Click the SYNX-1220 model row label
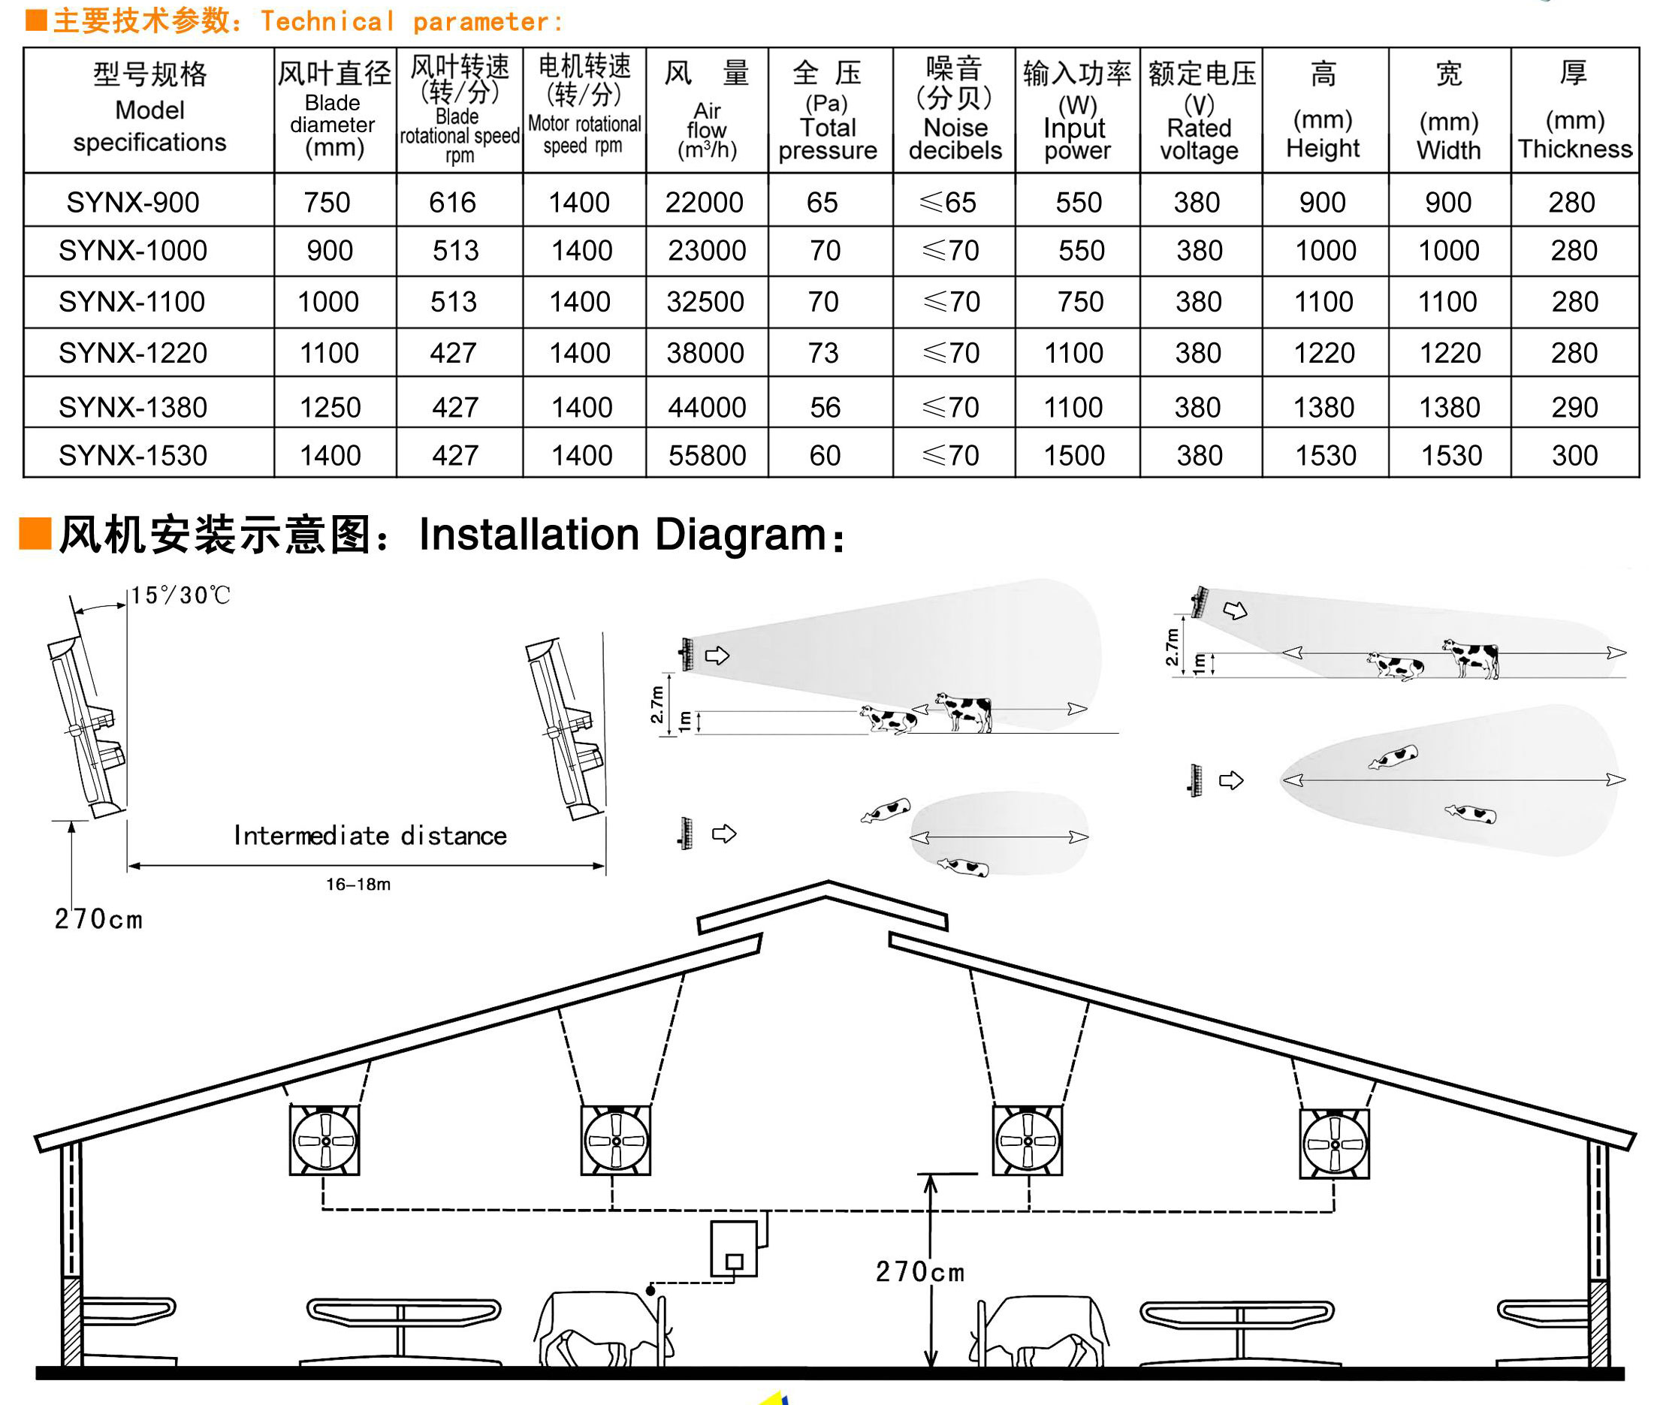pos(132,353)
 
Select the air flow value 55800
pos(707,456)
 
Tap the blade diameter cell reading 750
pos(327,202)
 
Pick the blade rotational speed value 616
pos(451,202)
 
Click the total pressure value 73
pos(823,353)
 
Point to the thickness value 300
pos(1574,456)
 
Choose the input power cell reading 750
pos(1080,302)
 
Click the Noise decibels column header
pos(955,109)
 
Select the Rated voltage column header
pos(1200,109)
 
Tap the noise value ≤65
pos(947,202)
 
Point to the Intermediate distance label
pos(370,836)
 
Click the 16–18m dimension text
pos(358,884)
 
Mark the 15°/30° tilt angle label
pos(180,595)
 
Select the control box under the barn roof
pos(734,1248)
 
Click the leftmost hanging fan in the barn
pos(324,1140)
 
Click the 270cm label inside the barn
pos(920,1272)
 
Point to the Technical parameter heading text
pos(411,22)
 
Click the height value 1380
pos(1323,408)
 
